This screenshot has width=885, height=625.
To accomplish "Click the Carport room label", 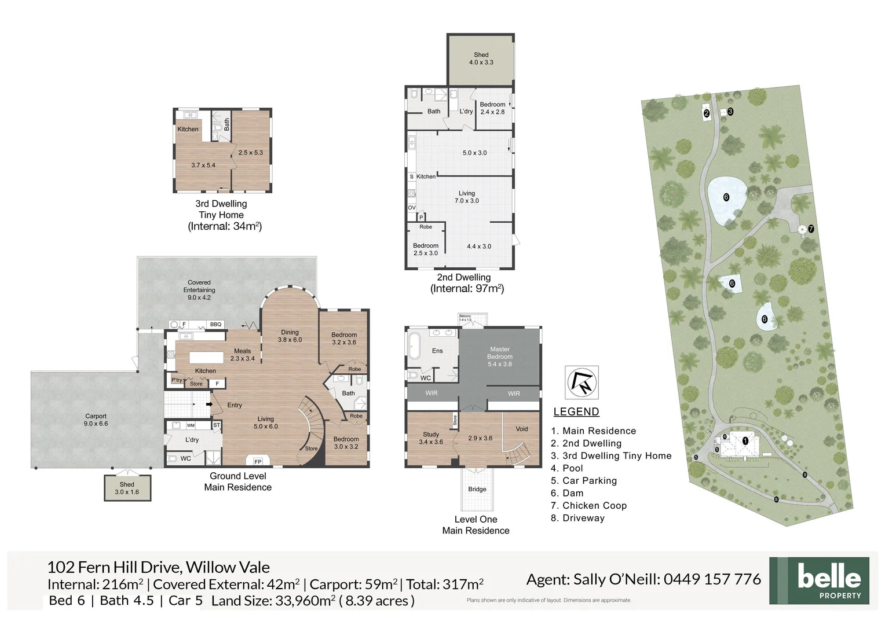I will pyautogui.click(x=96, y=420).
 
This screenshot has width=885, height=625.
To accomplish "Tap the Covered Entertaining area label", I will pyautogui.click(x=199, y=290).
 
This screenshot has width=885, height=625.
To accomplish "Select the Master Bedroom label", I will pyautogui.click(x=499, y=356).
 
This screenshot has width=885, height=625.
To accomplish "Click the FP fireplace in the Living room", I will pyautogui.click(x=258, y=461).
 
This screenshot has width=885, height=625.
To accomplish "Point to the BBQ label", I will pyautogui.click(x=215, y=325).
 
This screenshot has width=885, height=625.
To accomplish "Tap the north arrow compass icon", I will pyautogui.click(x=582, y=383).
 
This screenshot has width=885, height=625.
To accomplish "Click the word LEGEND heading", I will pyautogui.click(x=576, y=412).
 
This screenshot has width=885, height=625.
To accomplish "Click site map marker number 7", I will pyautogui.click(x=811, y=229).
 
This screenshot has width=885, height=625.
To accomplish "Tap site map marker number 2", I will pyautogui.click(x=707, y=114).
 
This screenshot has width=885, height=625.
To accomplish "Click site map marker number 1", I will pyautogui.click(x=745, y=441).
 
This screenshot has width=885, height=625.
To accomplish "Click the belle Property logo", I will pyautogui.click(x=819, y=580).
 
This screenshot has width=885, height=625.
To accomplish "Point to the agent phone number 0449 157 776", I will pyautogui.click(x=712, y=579).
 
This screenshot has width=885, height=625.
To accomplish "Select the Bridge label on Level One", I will pyautogui.click(x=477, y=489).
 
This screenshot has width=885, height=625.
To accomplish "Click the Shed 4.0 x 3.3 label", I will pyautogui.click(x=481, y=58).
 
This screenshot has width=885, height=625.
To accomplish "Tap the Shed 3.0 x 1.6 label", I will pyautogui.click(x=127, y=488).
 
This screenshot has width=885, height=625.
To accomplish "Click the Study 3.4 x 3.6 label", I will pyautogui.click(x=430, y=438).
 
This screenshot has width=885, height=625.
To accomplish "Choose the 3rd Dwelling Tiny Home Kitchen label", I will pyautogui.click(x=188, y=129).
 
